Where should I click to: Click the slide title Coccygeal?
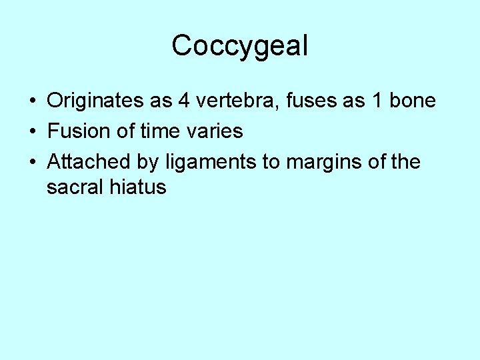pyautogui.click(x=240, y=46)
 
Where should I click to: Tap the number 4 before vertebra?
pyautogui.click(x=185, y=101)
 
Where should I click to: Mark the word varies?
pyautogui.click(x=216, y=131)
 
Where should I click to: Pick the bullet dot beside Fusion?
pyautogui.click(x=32, y=132)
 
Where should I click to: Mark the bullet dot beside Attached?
pyautogui.click(x=32, y=162)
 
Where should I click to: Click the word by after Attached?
pyautogui.click(x=147, y=163)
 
